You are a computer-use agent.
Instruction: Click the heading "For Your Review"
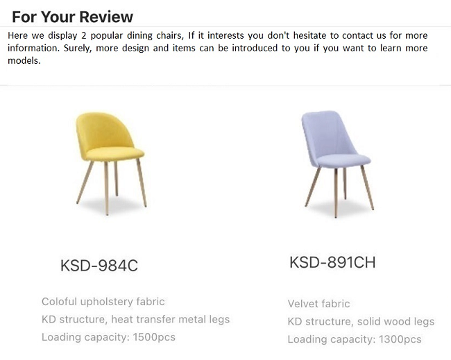(x=72, y=17)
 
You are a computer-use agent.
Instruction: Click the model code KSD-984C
(x=99, y=265)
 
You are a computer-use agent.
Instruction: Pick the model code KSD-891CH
(x=332, y=263)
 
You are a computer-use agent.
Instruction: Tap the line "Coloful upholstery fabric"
(x=103, y=302)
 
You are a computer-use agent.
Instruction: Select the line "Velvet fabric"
(x=318, y=304)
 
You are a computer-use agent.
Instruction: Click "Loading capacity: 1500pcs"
(x=108, y=337)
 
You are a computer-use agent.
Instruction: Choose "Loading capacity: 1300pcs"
(x=355, y=339)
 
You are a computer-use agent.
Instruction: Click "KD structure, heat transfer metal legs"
(x=135, y=319)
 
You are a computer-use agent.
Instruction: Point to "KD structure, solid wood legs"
(x=361, y=321)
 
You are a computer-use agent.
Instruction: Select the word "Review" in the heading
(x=103, y=17)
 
